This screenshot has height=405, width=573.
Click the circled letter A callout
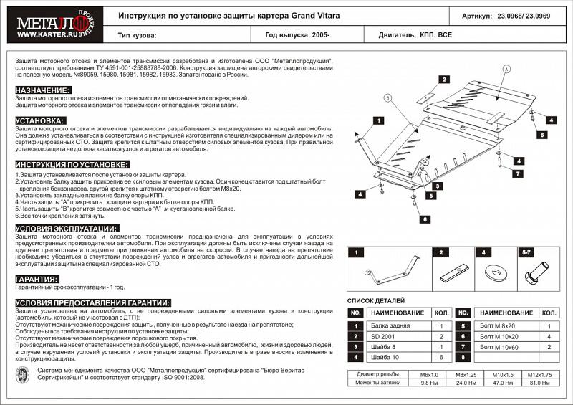(506, 69)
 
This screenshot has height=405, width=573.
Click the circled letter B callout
(387, 97)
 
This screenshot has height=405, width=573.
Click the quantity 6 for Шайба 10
(441, 357)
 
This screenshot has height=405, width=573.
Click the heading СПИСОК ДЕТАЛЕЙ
(378, 300)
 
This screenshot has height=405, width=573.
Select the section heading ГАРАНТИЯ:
(37, 279)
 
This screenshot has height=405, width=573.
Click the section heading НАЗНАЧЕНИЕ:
(43, 90)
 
